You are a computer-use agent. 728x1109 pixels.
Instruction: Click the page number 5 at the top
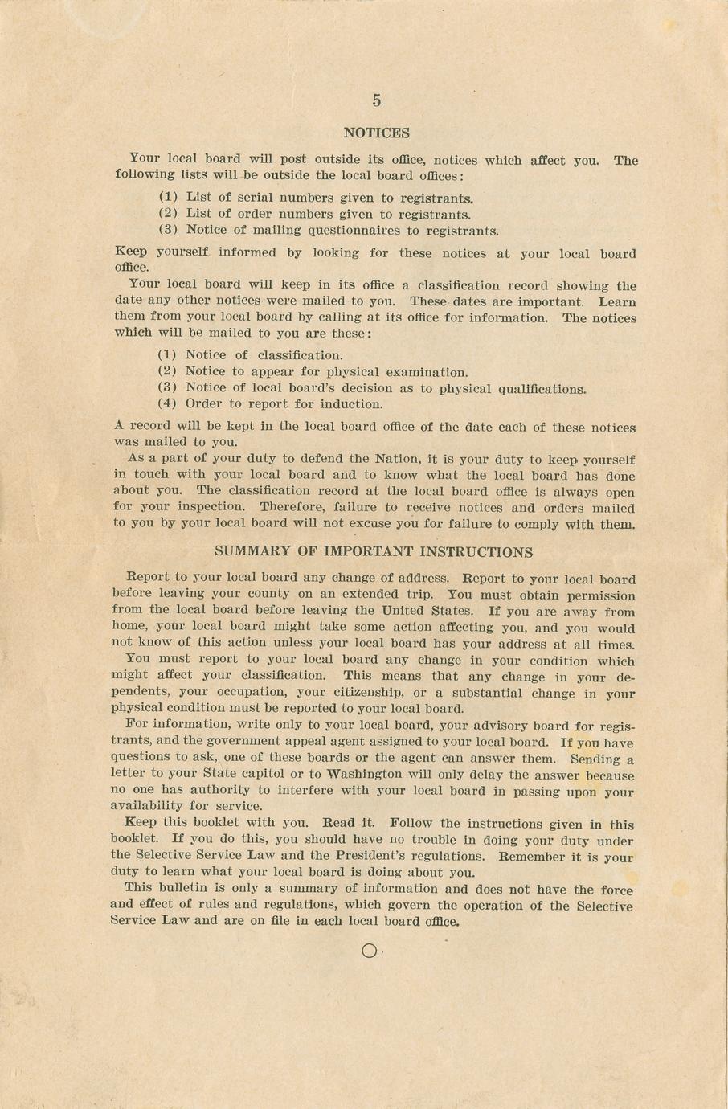[x=376, y=100]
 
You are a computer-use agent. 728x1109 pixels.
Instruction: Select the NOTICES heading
[x=376, y=133]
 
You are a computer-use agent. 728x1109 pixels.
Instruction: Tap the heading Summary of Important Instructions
[x=374, y=552]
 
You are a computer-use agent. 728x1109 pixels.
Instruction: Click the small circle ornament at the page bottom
[x=369, y=951]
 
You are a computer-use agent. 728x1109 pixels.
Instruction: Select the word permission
[x=595, y=596]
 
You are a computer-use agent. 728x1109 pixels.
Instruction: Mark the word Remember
[x=534, y=857]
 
